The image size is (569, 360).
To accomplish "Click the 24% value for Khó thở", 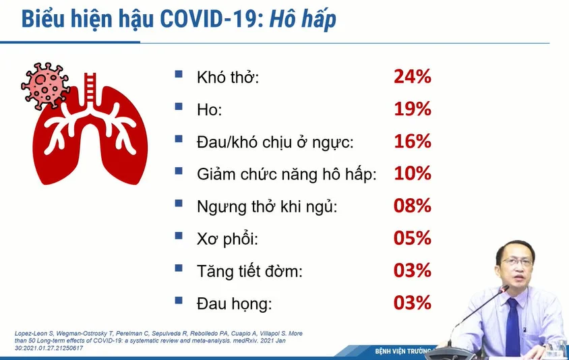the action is [413, 77].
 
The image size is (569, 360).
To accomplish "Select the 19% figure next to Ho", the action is [413, 109].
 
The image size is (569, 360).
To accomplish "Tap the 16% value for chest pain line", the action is [413, 141].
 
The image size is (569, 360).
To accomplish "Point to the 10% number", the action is [413, 173].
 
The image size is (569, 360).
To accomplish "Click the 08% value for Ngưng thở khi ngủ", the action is [413, 206].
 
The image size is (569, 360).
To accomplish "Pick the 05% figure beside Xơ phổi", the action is [413, 238].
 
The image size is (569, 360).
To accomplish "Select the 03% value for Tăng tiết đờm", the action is [413, 270].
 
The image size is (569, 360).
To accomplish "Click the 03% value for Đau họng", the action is [413, 303].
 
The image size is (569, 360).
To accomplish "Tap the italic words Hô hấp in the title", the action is [303, 20].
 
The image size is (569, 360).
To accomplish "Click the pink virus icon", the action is [44, 86].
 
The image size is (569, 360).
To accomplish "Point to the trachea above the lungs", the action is [90, 89].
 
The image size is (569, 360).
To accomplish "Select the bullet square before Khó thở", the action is [179, 74].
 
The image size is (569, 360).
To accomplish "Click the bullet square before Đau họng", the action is [179, 300].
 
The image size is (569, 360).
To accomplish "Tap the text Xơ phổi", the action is [227, 239].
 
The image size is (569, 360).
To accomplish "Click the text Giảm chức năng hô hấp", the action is [287, 175].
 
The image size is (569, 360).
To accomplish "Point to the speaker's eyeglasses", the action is [517, 262].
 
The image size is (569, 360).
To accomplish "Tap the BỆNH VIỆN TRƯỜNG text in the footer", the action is [402, 351].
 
